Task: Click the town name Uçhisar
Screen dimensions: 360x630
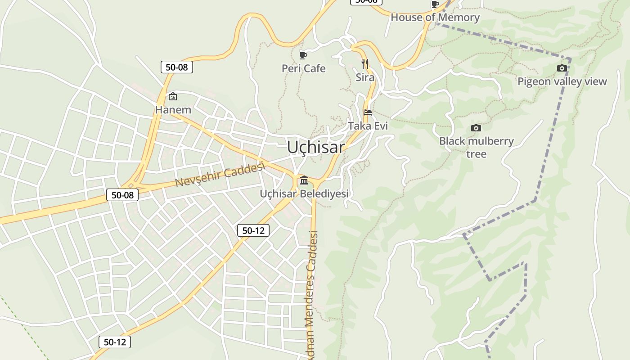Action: [x=316, y=147]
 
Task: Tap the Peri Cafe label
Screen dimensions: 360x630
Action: [x=303, y=68]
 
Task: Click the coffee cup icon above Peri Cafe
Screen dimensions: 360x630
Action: [x=303, y=55]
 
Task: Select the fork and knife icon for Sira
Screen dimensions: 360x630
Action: [x=365, y=64]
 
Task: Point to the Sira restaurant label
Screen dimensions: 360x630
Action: [x=365, y=77]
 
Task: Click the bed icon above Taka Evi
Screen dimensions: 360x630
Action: [x=368, y=112]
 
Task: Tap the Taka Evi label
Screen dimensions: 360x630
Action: [x=368, y=126]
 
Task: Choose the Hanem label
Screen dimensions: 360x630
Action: [x=173, y=109]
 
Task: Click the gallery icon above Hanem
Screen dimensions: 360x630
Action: [x=173, y=96]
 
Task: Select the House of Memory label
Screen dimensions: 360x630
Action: [x=435, y=18]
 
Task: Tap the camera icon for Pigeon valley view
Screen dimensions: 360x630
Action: [x=562, y=68]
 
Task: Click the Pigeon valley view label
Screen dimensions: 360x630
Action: [x=562, y=81]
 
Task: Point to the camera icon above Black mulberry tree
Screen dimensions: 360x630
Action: [x=476, y=128]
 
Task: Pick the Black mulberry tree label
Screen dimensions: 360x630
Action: [x=476, y=147]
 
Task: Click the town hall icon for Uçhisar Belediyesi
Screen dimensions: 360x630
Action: [x=304, y=180]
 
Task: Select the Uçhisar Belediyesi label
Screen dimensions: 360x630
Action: [x=304, y=193]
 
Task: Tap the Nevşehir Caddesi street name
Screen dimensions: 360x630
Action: [x=219, y=175]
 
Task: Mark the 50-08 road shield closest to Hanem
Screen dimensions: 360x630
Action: [x=177, y=67]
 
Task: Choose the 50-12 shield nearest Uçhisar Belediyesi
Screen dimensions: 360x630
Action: [x=253, y=230]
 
